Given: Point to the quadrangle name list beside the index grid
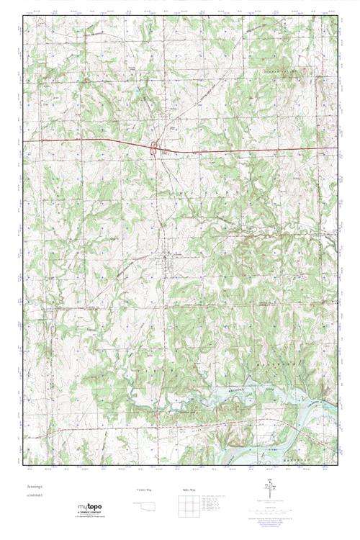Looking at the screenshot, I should [x=214, y=504].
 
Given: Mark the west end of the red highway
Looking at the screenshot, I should [x=24, y=140].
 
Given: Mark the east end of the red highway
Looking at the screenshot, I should [x=337, y=149].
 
